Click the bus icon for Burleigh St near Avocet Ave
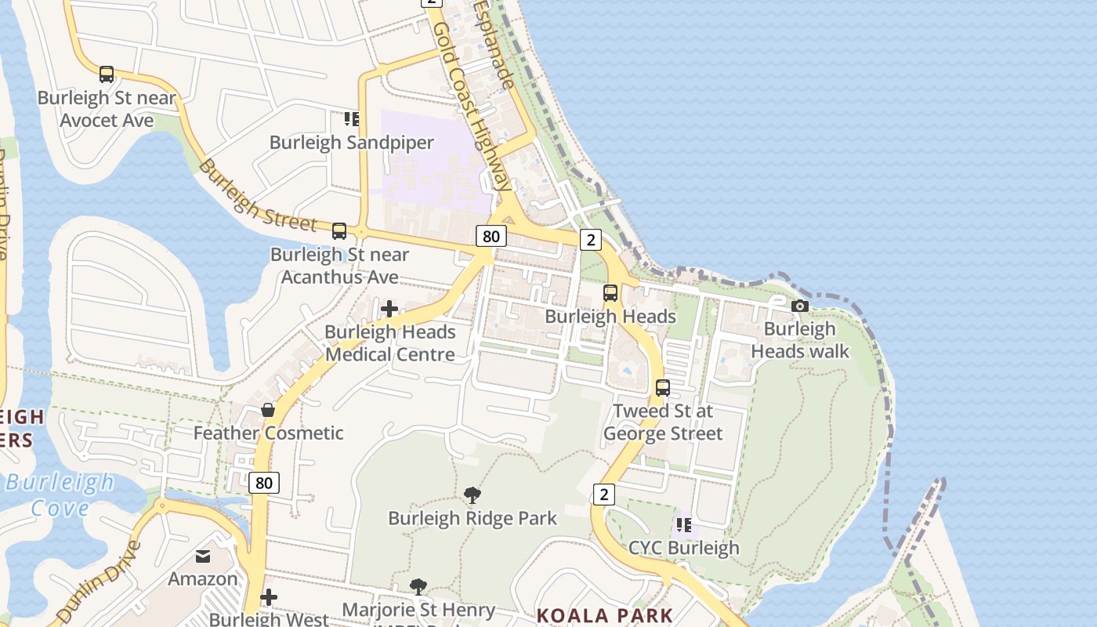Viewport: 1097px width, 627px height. coord(107,75)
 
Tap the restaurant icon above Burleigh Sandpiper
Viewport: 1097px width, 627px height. coord(352,119)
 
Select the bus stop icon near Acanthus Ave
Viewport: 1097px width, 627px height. coord(339,231)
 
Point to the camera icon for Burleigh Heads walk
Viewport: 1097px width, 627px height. coord(800,306)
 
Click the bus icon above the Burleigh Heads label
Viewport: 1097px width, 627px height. coord(610,293)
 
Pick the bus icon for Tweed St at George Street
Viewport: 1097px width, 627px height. coord(663,388)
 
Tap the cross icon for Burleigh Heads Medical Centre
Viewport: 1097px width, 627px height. coord(389,309)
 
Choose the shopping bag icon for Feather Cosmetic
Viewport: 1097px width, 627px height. coord(268,410)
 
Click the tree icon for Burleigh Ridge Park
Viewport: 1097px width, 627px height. coord(472,495)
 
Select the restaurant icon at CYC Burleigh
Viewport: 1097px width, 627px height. coord(683,525)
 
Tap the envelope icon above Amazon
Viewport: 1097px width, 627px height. coord(203,556)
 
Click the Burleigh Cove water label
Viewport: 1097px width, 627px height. coord(60,495)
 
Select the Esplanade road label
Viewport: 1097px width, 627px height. coord(494,44)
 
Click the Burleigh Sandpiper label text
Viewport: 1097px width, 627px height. coord(352,143)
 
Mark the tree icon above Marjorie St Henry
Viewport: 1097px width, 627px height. coord(418,587)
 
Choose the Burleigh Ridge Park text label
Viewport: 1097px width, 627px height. coord(472,519)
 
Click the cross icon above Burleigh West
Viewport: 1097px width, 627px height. coord(269,598)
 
